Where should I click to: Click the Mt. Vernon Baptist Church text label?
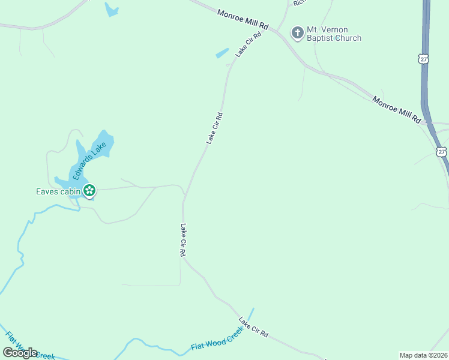(334, 34)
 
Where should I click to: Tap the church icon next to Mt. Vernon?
(297, 32)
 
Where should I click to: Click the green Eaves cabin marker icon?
(89, 191)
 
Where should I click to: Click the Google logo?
(20, 353)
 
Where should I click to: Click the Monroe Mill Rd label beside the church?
(243, 20)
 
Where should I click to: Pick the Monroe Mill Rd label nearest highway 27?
(397, 109)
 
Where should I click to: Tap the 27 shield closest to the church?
(424, 59)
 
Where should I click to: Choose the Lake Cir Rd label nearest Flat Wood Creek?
(253, 326)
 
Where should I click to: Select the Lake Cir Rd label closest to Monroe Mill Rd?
(249, 44)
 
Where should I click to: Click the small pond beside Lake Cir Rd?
(222, 53)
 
